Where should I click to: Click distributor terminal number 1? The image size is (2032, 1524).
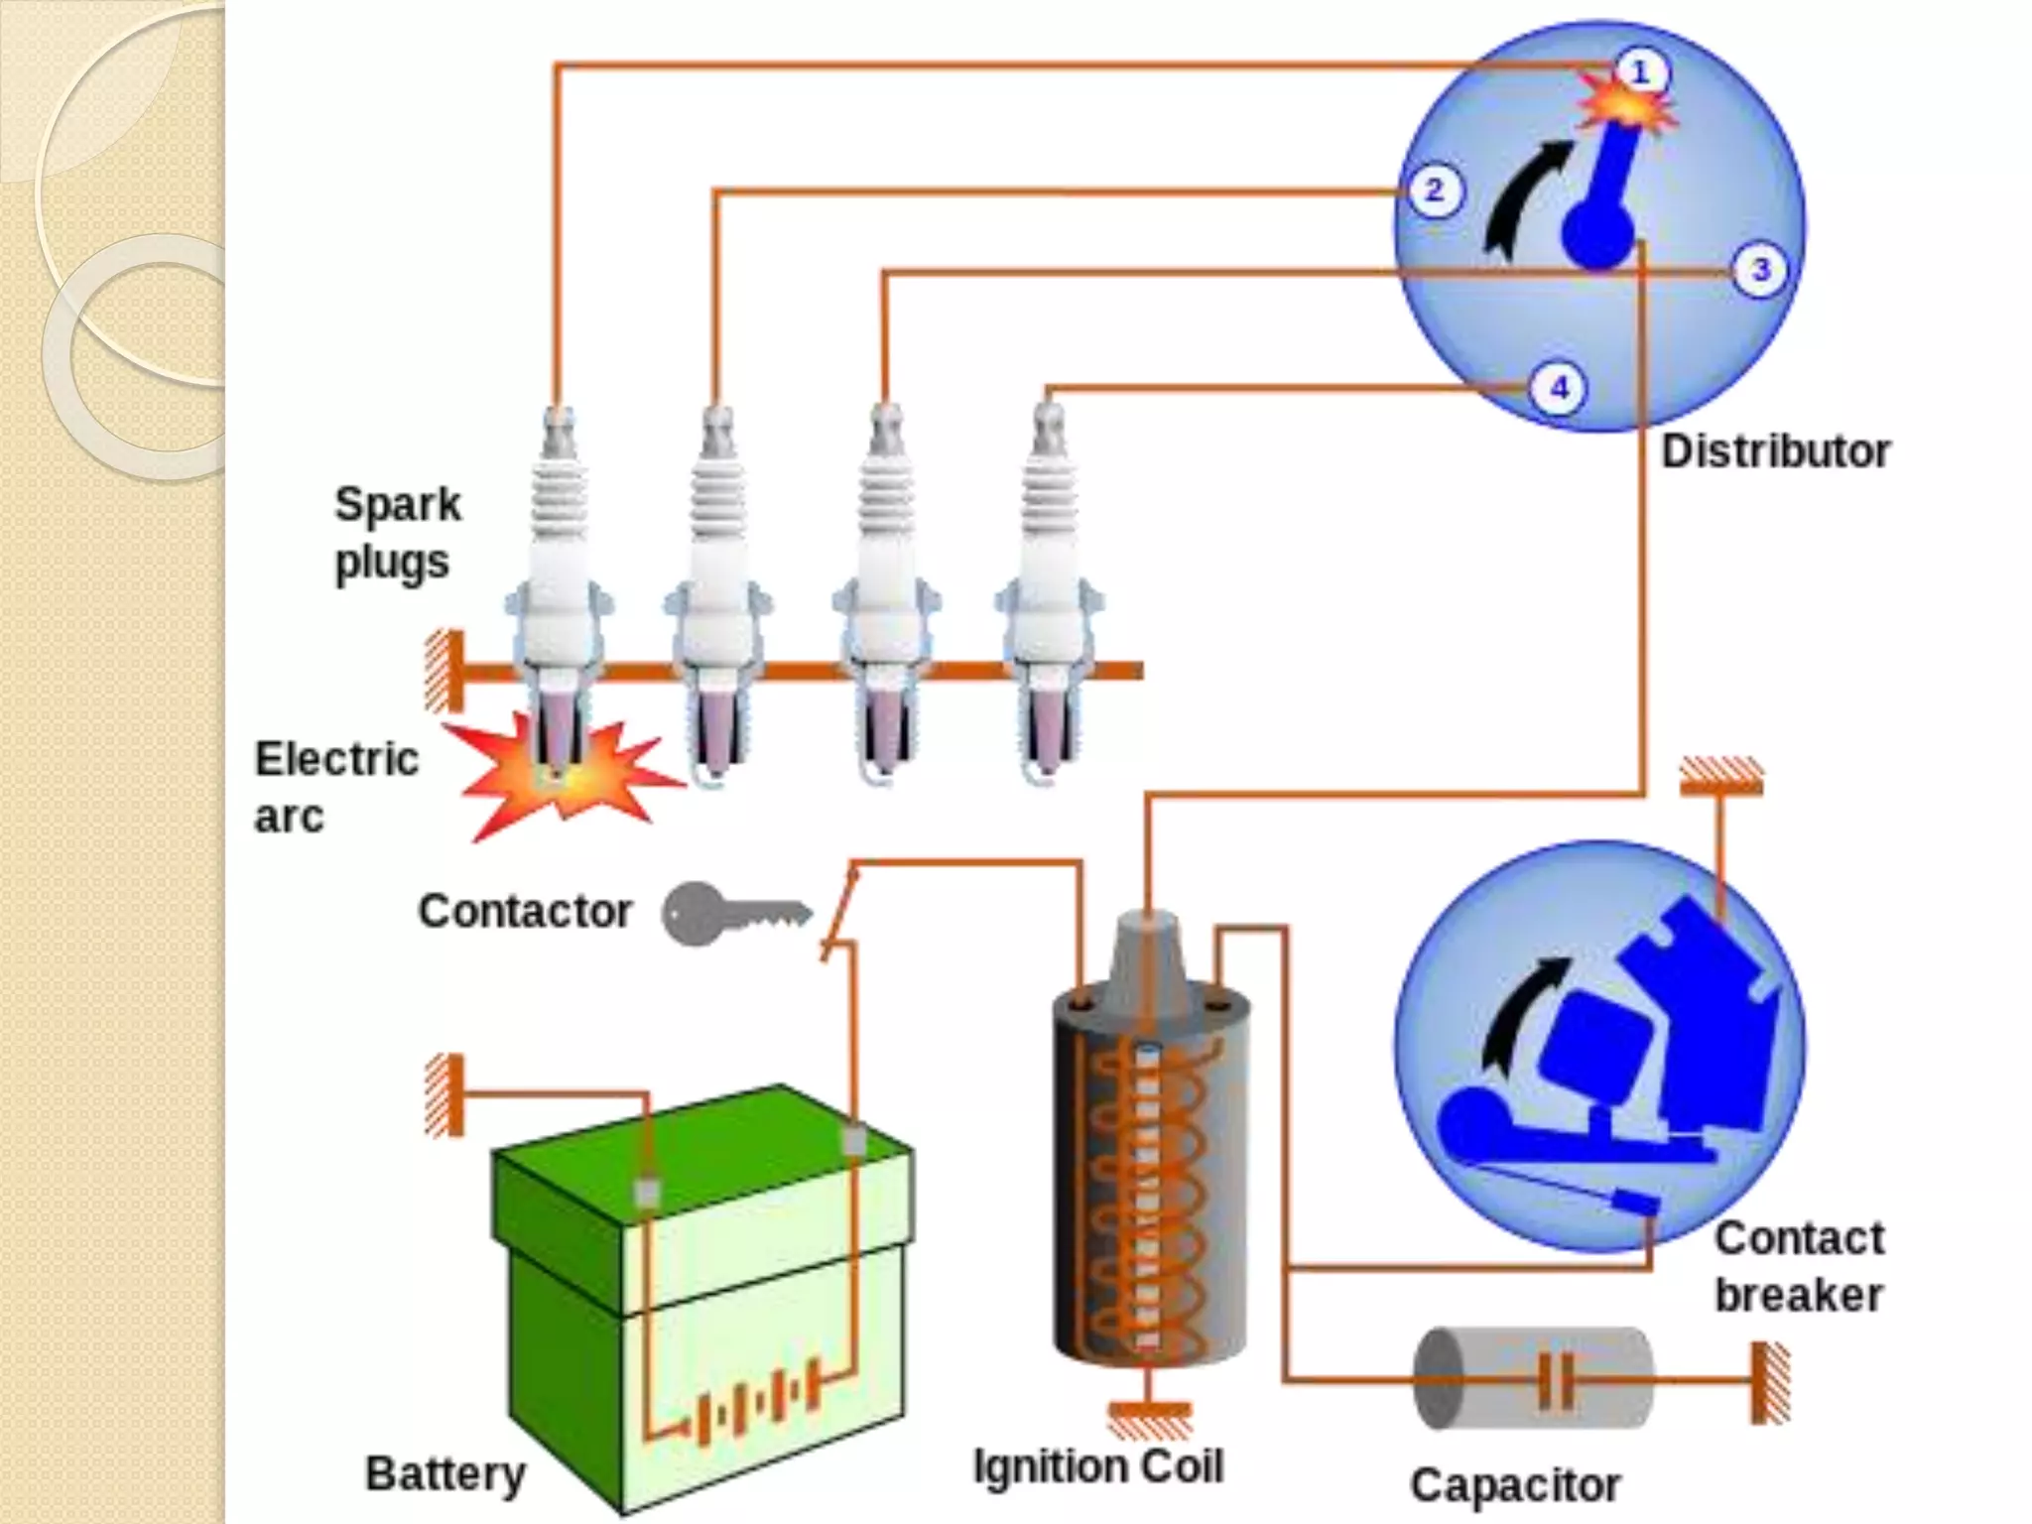(x=1639, y=71)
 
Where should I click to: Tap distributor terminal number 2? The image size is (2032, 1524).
(x=1434, y=190)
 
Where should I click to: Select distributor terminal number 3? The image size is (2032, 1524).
(x=1760, y=270)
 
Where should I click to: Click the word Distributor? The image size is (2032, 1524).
(x=1775, y=452)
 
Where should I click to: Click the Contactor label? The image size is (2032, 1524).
(x=524, y=911)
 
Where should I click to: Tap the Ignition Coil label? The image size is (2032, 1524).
(x=1097, y=1466)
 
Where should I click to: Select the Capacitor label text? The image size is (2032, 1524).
(x=1515, y=1485)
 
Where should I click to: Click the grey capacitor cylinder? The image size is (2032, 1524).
(x=1533, y=1379)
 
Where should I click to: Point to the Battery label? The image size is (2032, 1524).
(x=444, y=1473)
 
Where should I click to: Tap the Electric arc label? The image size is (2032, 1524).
(x=335, y=788)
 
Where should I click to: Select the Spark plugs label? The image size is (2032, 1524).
(x=397, y=533)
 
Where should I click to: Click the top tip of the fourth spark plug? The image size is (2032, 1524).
(x=1050, y=413)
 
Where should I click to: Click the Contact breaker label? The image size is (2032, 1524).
(x=1798, y=1267)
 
